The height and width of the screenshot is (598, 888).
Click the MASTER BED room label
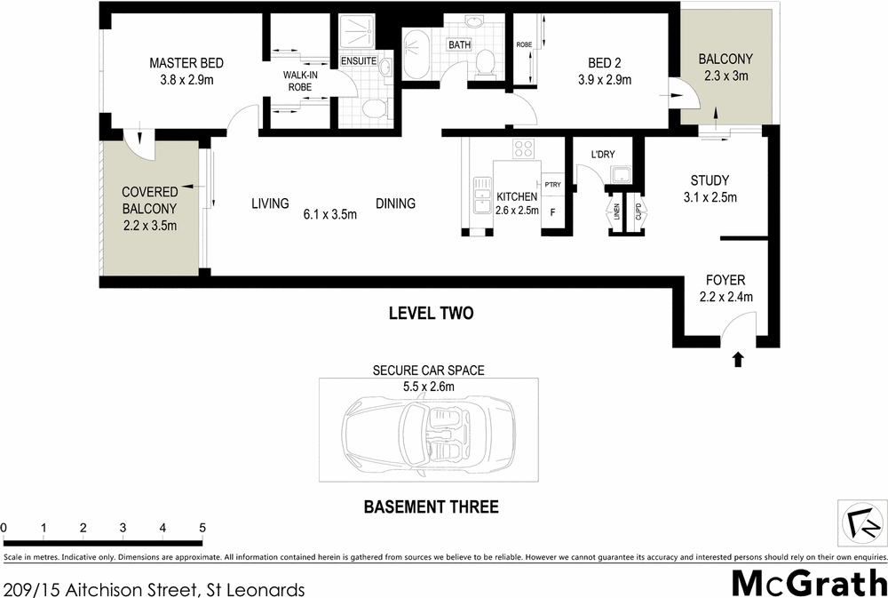[x=186, y=63]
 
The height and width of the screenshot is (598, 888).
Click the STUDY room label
[x=710, y=180]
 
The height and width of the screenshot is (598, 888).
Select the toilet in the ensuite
[x=375, y=108]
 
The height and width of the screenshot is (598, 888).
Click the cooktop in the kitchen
[x=523, y=148]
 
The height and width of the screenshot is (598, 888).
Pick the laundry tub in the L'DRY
[x=618, y=176]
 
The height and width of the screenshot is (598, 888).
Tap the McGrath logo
[x=808, y=583]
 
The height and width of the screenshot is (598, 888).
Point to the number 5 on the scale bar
[x=202, y=528]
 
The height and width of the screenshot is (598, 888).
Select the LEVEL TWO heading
[x=431, y=313]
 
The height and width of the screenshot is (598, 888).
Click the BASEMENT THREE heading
[x=431, y=507]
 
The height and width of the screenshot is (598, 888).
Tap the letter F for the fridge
[x=552, y=212]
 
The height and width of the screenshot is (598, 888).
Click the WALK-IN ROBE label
[x=300, y=82]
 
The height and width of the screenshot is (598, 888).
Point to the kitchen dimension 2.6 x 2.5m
[x=517, y=210]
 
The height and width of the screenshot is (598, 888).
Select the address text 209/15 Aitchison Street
[x=104, y=589]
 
